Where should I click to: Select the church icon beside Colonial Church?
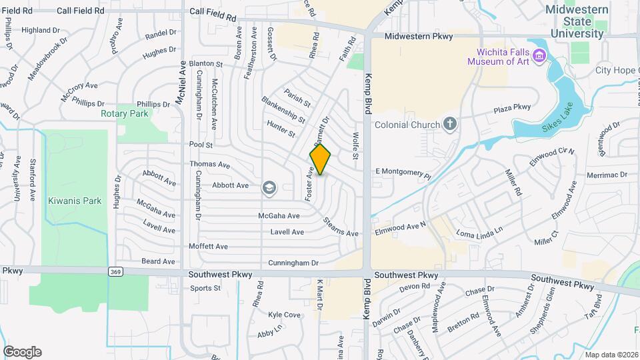point(450,124)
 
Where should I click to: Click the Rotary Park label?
point(125,113)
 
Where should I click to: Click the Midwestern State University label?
point(577,21)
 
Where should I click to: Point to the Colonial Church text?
point(407,125)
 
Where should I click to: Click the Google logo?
point(22,352)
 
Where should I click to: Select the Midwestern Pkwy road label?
point(419,36)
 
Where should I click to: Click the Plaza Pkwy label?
point(512,108)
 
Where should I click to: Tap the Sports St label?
point(205,288)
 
